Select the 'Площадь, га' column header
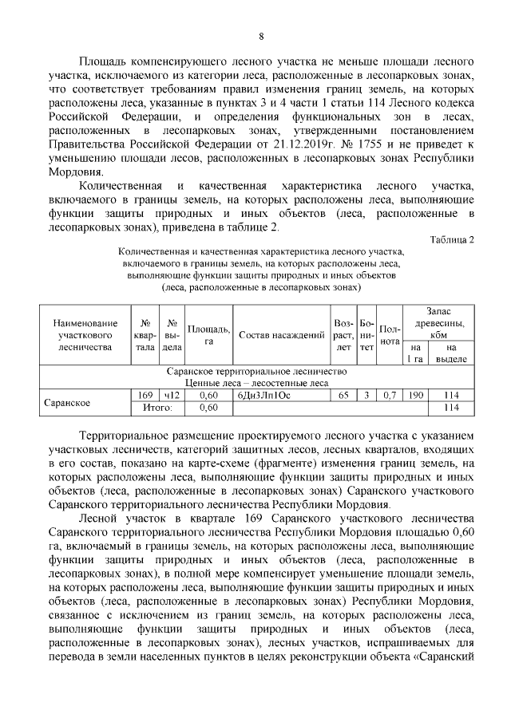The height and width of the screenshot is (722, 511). [208, 334]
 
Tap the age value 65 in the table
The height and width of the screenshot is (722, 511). [343, 395]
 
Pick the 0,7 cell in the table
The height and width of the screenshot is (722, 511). [389, 395]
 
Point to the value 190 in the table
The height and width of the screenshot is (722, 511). [415, 395]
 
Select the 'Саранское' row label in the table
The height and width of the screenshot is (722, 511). [65, 402]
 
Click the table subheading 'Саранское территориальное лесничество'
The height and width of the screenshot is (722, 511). [257, 372]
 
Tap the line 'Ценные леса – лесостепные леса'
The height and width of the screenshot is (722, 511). [257, 383]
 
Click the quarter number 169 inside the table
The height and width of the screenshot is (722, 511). [145, 395]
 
